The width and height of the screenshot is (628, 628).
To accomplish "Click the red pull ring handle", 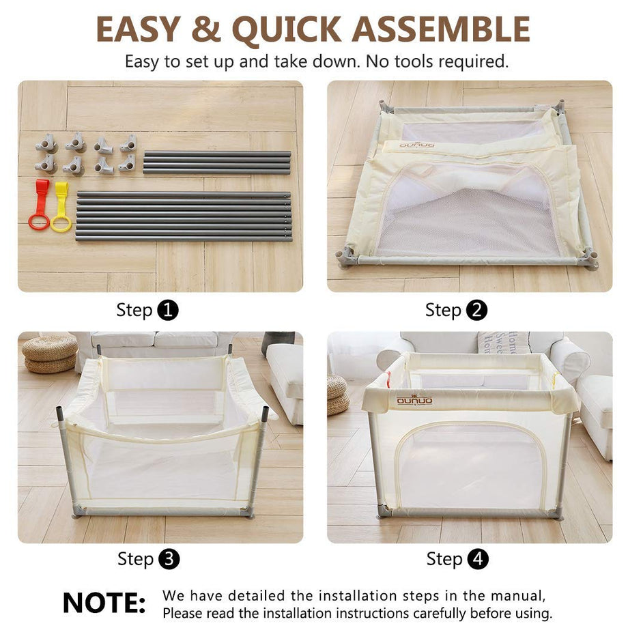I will point(40,205).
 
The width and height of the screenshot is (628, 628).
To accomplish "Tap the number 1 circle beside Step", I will point(168,311).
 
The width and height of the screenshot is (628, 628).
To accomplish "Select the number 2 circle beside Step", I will point(476,311).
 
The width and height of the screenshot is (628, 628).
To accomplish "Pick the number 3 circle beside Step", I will point(169,560).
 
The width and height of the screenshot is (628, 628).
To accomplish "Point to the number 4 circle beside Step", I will point(477,560).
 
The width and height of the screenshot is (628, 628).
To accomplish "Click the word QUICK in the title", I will point(287,29).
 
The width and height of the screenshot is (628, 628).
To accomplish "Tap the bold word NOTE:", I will point(104,603).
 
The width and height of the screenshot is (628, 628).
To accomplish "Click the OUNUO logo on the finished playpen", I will point(414,401).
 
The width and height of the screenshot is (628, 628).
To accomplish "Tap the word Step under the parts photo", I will point(134,311).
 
